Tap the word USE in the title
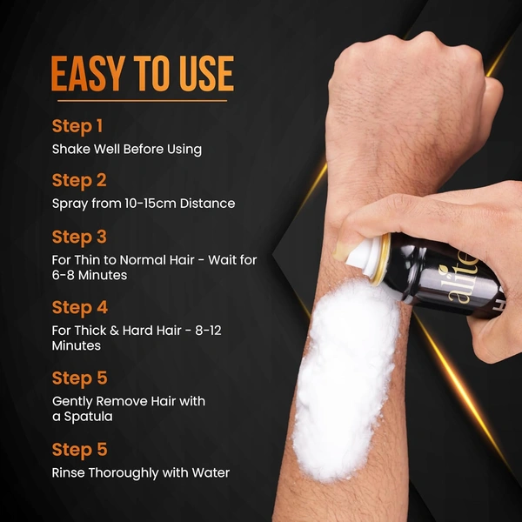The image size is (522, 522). pyautogui.click(x=206, y=74)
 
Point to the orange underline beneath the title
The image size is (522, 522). pyautogui.click(x=142, y=101)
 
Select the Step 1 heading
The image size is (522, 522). pyautogui.click(x=77, y=126)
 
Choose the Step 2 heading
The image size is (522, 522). pyautogui.click(x=79, y=181)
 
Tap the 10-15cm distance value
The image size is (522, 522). pyautogui.click(x=151, y=203)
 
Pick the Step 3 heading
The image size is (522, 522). pyautogui.click(x=79, y=238)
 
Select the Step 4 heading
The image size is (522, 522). pyautogui.click(x=80, y=308)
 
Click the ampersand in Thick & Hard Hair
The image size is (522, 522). pyautogui.click(x=114, y=331)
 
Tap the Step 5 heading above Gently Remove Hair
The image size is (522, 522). pyautogui.click(x=79, y=378)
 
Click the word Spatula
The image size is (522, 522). pyautogui.click(x=88, y=417)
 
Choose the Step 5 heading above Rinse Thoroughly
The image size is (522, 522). pyautogui.click(x=79, y=450)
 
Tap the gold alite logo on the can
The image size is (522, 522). pyautogui.click(x=464, y=279)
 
